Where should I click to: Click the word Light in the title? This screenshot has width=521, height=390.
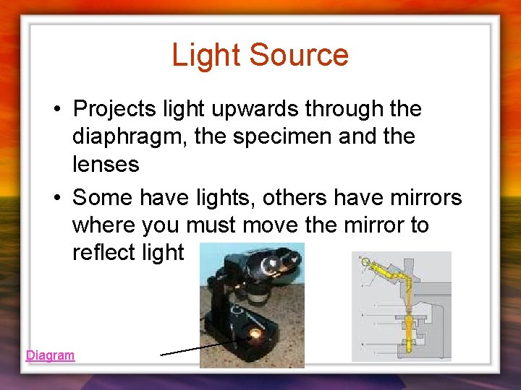(204, 55)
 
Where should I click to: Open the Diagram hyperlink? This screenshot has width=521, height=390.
(50, 355)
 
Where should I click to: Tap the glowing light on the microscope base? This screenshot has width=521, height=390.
(254, 334)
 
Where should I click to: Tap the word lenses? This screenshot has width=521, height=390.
(106, 165)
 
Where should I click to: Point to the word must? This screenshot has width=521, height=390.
(211, 225)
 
